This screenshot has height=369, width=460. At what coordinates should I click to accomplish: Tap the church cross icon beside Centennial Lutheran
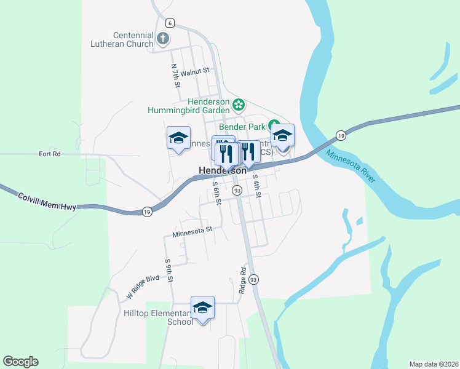click(163, 39)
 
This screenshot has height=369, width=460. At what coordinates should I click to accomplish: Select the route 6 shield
click(170, 23)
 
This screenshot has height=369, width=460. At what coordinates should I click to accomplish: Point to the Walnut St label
click(196, 71)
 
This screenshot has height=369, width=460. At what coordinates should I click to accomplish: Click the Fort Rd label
click(50, 154)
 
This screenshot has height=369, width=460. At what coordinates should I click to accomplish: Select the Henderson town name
click(222, 170)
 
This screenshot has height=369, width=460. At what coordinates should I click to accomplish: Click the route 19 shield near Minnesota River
click(340, 135)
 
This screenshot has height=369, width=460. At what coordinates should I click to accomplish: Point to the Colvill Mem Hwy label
click(47, 202)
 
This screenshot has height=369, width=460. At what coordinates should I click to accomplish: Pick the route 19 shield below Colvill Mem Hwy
click(146, 212)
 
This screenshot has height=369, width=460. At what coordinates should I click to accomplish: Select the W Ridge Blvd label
click(143, 287)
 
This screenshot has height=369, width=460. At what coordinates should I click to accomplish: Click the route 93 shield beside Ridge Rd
click(254, 279)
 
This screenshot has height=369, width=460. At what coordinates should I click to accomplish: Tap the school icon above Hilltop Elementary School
click(202, 307)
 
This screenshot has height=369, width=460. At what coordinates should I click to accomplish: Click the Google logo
click(20, 362)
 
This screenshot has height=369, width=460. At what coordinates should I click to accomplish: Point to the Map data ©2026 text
click(434, 363)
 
